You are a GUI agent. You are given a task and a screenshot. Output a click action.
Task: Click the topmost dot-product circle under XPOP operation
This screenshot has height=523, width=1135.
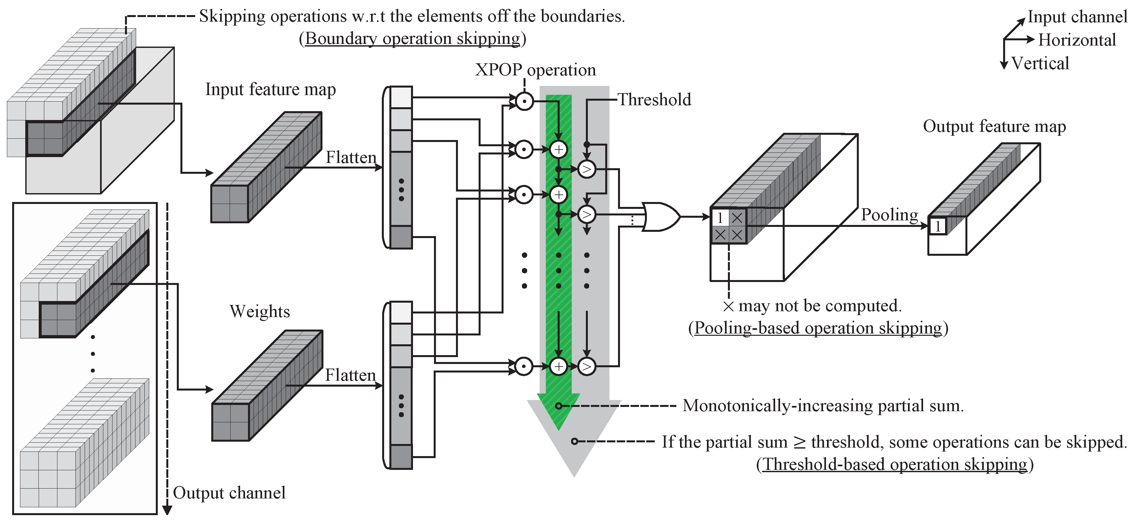[524, 102]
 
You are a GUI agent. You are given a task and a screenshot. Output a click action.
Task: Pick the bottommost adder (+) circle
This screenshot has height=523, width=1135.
[558, 366]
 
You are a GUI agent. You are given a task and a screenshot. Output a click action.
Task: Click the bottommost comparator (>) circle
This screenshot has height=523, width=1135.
[587, 366]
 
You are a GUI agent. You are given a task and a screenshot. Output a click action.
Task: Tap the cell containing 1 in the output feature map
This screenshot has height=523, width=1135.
[938, 227]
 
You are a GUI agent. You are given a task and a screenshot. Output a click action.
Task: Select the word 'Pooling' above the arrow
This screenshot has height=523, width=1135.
[889, 214]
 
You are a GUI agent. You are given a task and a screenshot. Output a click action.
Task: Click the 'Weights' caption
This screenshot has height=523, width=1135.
[259, 312]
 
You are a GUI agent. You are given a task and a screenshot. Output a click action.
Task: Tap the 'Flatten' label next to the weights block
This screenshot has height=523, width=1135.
[350, 375]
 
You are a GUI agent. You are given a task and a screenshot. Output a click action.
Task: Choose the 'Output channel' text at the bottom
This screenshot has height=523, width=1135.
[229, 493]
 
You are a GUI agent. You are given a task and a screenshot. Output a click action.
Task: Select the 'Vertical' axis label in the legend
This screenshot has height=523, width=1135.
[1040, 63]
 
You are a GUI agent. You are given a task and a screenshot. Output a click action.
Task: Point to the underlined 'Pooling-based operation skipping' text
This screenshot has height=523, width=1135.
[818, 328]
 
